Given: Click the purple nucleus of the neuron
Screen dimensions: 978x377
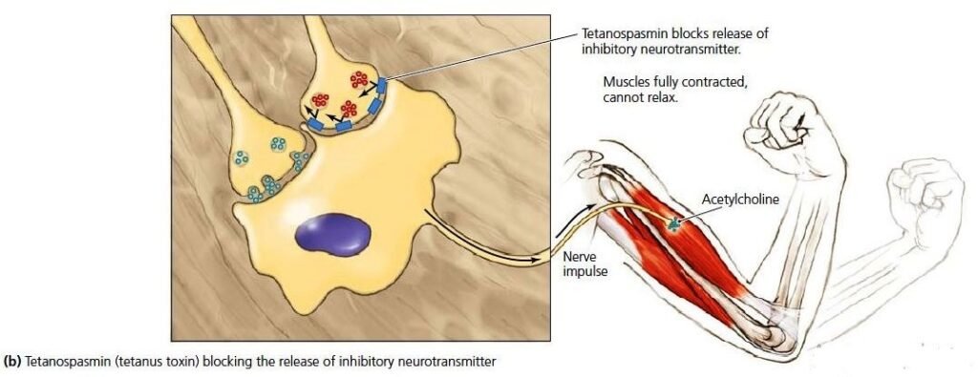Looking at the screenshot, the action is pos(332,234).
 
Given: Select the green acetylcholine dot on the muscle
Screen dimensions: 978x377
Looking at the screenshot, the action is pos(673,223).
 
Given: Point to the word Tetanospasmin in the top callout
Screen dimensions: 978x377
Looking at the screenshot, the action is pos(620,33).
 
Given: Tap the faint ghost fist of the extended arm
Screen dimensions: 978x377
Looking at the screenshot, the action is pos(928,191).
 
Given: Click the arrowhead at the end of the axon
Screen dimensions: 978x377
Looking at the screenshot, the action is pos(536,261).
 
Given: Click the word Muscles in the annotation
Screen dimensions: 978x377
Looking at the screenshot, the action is pos(624,82).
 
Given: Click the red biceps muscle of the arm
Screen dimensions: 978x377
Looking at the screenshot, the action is pos(680,236).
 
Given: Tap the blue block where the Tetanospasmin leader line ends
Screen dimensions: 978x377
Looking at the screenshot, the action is pos(382,86).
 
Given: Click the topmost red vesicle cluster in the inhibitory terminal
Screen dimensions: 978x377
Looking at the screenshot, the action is pos(359,79).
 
